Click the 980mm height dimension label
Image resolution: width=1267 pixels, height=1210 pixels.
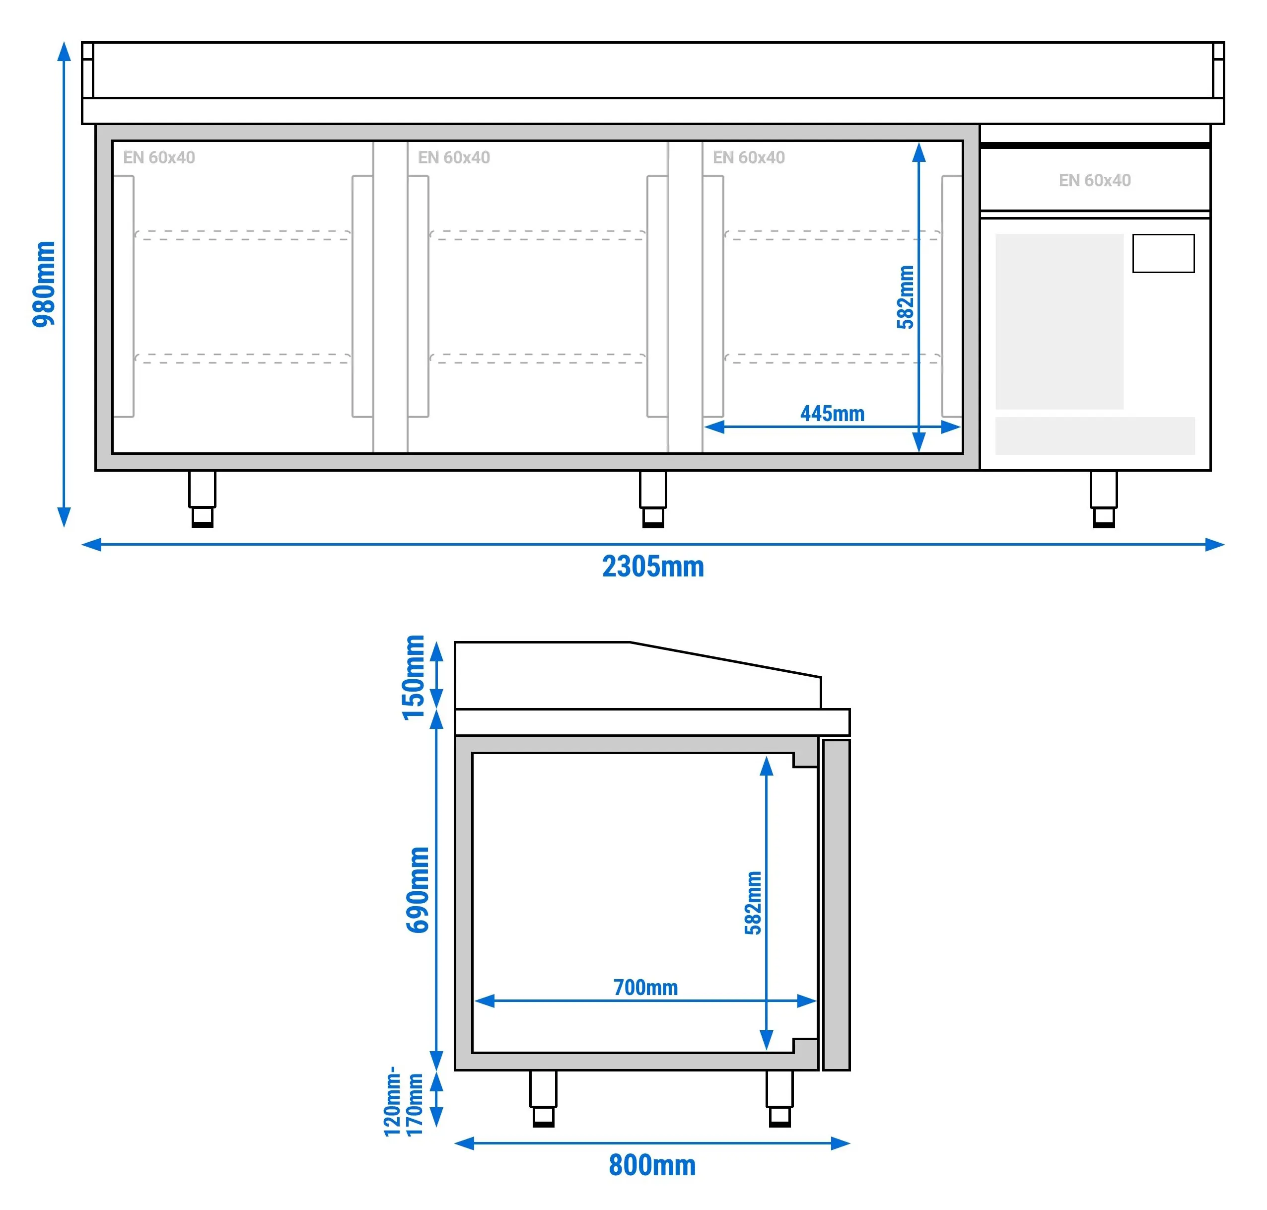(44, 284)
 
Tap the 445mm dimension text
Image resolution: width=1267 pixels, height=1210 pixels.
(832, 414)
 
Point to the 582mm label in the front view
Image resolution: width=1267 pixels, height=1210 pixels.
(905, 297)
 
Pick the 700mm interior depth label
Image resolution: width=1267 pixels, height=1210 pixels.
(645, 987)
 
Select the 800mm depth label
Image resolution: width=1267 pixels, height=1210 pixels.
(652, 1165)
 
